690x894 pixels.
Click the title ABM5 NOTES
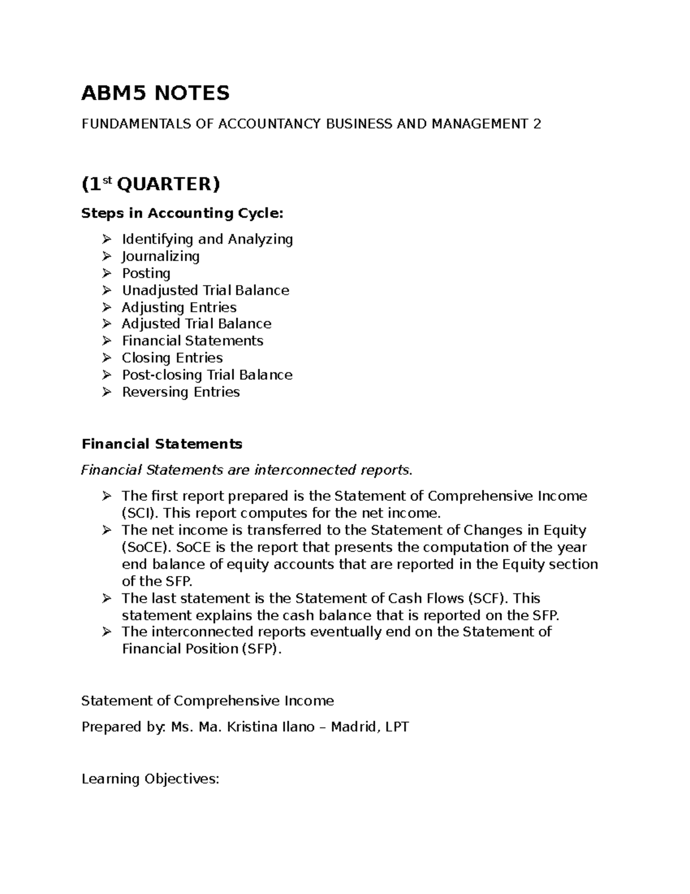[155, 93]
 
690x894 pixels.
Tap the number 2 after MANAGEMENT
[536, 124]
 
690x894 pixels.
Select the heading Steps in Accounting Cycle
[182, 214]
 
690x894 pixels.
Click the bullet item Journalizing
[160, 256]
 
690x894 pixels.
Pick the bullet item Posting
[146, 273]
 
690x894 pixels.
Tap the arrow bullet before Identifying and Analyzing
[106, 239]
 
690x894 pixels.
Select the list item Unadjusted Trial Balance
[205, 290]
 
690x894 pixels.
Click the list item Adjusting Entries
[179, 307]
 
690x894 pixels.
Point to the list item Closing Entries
[172, 358]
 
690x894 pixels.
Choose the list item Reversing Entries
[181, 392]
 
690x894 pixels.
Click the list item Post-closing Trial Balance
[207, 375]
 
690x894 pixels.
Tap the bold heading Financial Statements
[162, 444]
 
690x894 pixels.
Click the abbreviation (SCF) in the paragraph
[488, 598]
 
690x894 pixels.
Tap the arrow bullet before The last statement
[106, 598]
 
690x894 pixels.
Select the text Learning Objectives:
[150, 779]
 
